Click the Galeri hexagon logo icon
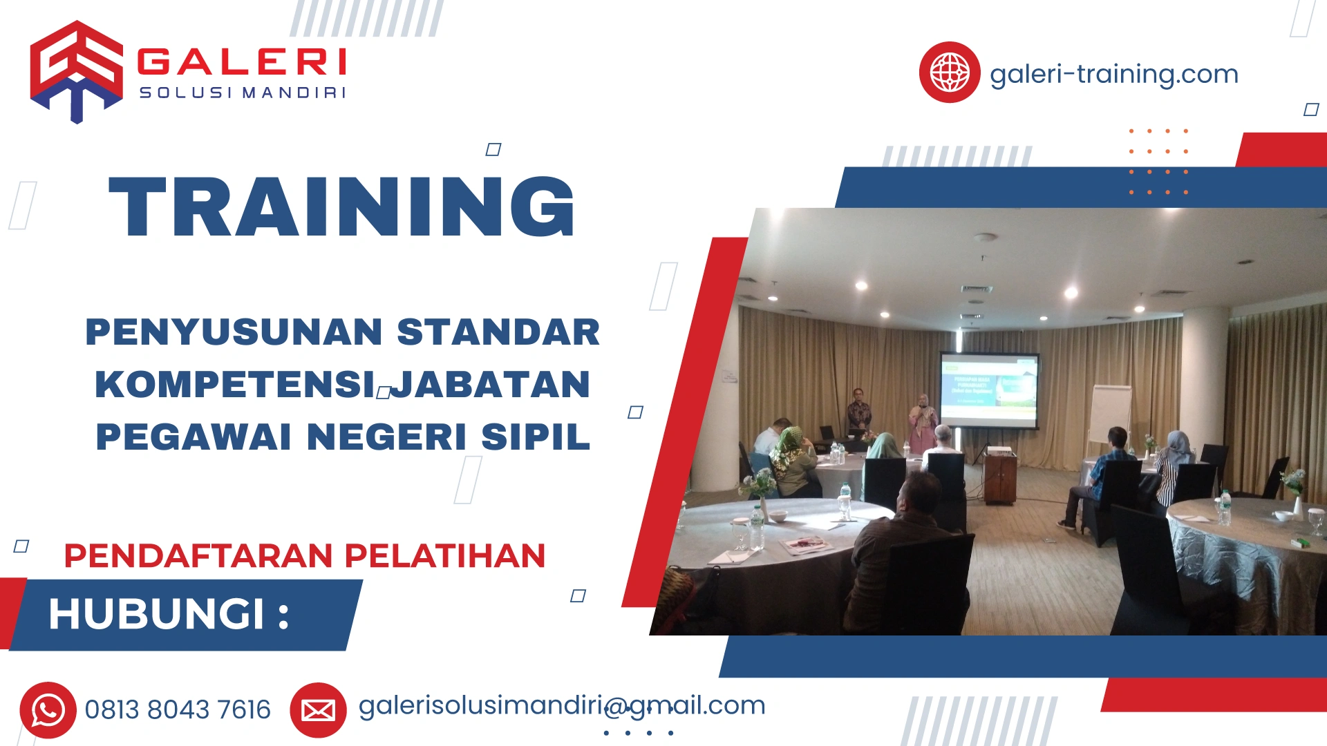[76, 71]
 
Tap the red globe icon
[949, 73]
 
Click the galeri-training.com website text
[1113, 74]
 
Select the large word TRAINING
[341, 207]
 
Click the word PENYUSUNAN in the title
[234, 332]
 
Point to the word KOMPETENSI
[235, 385]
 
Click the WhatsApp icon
[48, 710]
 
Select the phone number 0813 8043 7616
[178, 710]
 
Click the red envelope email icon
[318, 710]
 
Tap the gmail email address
[561, 706]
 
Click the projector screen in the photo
[989, 390]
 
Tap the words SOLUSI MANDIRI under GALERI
[242, 93]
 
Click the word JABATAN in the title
[491, 385]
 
